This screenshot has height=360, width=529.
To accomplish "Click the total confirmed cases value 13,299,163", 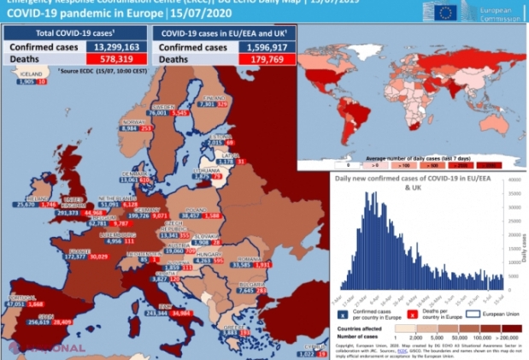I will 105,47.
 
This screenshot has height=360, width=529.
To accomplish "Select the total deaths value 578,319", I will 105,59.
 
